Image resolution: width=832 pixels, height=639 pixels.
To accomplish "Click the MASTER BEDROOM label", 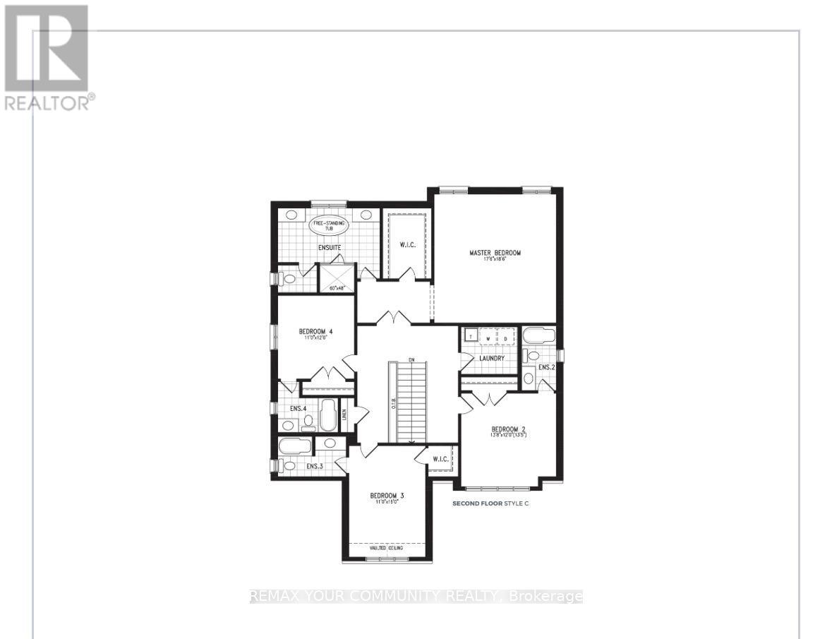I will point(495,253).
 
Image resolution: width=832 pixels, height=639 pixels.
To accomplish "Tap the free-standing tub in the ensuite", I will point(325,227).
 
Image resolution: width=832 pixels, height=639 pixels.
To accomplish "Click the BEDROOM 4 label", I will point(315,332).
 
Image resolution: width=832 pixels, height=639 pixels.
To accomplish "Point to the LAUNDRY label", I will point(491,358).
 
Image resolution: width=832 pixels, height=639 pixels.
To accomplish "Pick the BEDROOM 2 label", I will point(508,429).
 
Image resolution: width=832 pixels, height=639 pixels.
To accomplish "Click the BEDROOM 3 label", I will point(387,496).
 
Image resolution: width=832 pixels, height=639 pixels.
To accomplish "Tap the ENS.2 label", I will point(546,368).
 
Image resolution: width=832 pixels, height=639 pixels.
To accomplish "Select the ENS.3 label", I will point(315,466).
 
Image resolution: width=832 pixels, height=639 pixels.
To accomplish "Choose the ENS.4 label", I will point(298,408).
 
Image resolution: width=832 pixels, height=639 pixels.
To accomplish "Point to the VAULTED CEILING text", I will point(387,548).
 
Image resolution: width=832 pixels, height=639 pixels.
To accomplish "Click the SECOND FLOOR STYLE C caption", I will point(490,503).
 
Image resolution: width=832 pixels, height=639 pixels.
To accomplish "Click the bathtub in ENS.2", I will point(539,335).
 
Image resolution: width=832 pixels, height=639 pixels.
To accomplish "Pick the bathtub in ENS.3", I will point(294,446).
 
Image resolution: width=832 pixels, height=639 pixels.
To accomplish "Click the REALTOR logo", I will point(47,56).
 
